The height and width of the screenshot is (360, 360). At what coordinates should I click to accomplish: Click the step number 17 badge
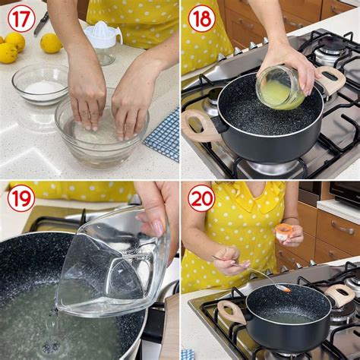[21, 18]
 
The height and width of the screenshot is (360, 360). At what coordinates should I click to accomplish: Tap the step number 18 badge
[201, 18]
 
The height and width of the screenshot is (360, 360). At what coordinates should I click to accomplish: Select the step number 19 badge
[21, 198]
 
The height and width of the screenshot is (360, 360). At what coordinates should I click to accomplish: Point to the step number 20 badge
[201, 198]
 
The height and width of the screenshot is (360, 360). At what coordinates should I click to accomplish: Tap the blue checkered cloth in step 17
[163, 134]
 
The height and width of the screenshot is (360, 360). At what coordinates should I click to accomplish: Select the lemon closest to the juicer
[51, 43]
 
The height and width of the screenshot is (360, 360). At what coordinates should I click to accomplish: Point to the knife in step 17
[40, 22]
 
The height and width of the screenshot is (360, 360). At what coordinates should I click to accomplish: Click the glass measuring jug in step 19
[114, 262]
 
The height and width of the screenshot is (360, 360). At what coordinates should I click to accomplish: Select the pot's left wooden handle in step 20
[231, 311]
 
